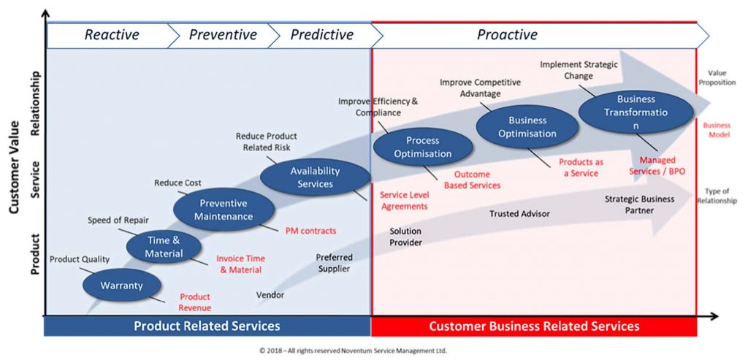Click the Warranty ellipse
(x=121, y=286)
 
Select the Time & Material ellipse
(x=164, y=247)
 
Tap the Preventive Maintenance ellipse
(x=224, y=210)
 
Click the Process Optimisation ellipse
(x=423, y=147)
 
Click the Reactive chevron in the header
(x=111, y=35)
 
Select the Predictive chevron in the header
(x=323, y=35)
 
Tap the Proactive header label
(x=507, y=35)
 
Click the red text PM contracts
(x=310, y=231)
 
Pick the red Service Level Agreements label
(x=404, y=201)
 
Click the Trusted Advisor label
(x=519, y=213)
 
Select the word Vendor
(x=270, y=295)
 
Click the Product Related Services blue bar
(x=207, y=326)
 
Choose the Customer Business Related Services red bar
(x=533, y=326)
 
